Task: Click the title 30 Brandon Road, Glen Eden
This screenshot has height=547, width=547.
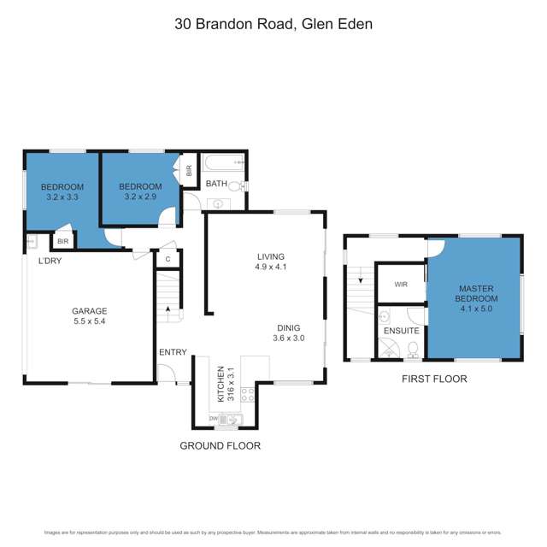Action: [273, 24]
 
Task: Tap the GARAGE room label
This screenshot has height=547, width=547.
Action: [89, 311]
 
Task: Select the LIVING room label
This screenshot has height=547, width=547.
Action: [270, 256]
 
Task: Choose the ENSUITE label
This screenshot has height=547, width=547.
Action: [401, 330]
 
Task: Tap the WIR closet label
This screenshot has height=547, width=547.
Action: [400, 285]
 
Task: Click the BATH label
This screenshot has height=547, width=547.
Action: [216, 184]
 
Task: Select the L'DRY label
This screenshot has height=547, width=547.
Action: [49, 261]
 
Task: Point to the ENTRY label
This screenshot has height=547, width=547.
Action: [173, 352]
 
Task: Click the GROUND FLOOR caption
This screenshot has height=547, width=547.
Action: [220, 445]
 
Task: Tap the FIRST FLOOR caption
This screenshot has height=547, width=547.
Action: [434, 379]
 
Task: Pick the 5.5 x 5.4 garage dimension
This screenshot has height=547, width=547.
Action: [89, 322]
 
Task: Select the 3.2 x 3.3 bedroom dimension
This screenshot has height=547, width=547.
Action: [62, 197]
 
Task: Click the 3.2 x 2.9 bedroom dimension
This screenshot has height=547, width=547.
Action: [140, 197]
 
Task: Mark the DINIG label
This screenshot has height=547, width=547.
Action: [287, 326]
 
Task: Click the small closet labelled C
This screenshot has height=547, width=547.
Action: [168, 258]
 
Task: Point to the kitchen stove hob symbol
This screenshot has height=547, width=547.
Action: [249, 395]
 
